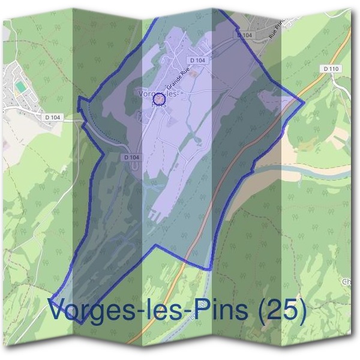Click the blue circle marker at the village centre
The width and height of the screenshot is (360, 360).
click(159, 99)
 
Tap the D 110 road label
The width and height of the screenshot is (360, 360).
click(331, 70)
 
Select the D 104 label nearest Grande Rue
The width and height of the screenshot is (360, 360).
click(197, 61)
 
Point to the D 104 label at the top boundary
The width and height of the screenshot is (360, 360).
click(245, 36)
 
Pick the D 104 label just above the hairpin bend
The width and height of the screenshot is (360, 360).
click(131, 157)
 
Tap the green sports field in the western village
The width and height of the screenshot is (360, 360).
click(21, 88)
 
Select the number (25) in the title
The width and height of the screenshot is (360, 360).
click(279, 310)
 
